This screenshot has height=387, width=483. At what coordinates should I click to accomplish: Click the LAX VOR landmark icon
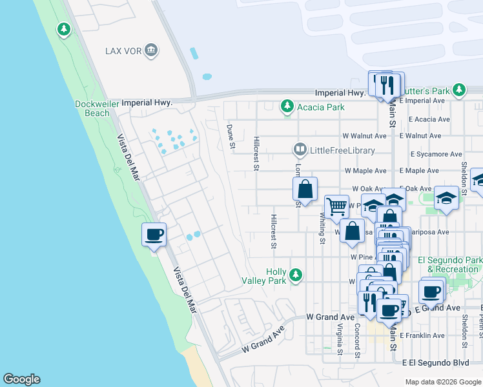(151, 50)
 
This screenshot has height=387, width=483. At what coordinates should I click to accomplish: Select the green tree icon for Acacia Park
(286, 106)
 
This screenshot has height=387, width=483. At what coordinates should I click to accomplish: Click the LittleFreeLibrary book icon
(300, 150)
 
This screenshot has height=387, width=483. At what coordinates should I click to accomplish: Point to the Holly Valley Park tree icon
(296, 275)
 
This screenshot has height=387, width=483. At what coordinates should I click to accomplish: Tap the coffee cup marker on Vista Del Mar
(154, 235)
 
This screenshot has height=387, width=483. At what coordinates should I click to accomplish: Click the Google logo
(21, 379)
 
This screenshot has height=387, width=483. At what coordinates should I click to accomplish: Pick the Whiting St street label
(322, 230)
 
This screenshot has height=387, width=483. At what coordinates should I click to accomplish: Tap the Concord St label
(356, 339)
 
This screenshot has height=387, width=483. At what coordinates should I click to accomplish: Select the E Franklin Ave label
(422, 335)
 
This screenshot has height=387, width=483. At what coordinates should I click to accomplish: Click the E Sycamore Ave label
(437, 154)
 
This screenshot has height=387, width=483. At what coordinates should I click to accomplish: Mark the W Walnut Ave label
(364, 136)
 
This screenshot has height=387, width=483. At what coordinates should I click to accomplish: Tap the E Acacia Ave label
(422, 119)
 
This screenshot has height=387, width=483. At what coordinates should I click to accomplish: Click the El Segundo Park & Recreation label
(450, 264)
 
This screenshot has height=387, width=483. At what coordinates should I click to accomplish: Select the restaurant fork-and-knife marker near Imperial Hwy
(388, 84)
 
